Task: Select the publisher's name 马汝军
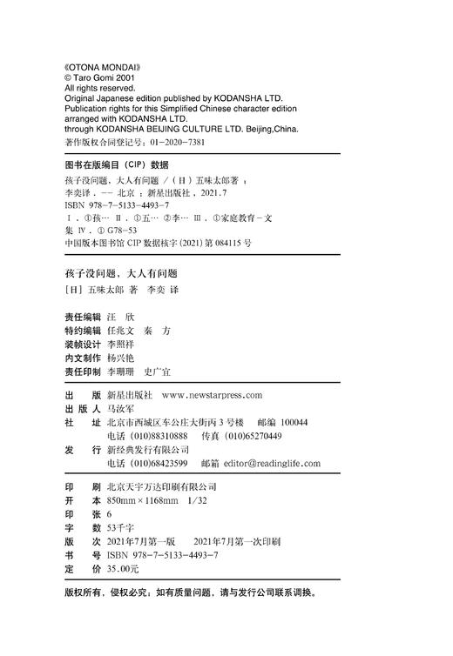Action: coord(121,407)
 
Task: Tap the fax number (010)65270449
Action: coord(249,435)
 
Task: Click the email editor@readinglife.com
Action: coord(272,463)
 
